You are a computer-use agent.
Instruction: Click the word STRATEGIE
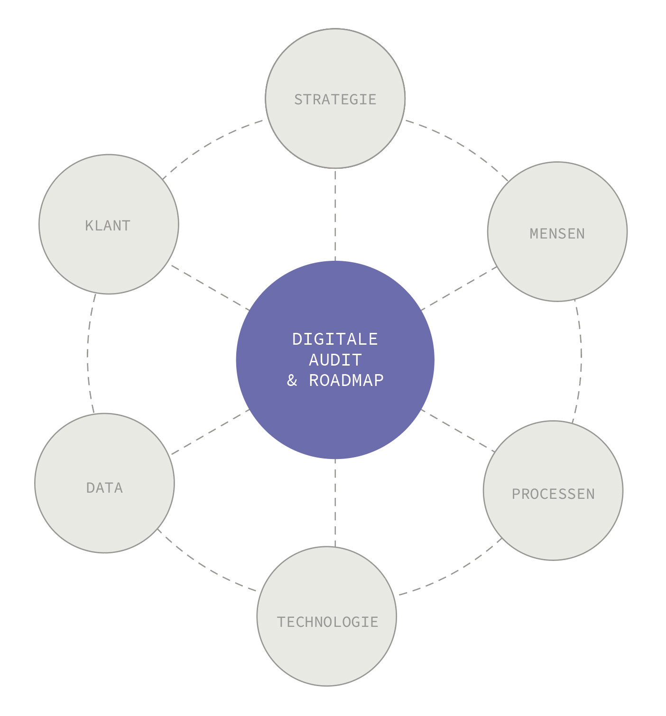tap(335, 100)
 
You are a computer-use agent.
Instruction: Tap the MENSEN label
tap(557, 234)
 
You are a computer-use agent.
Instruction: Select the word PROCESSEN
tap(553, 494)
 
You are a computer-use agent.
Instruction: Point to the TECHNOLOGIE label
tap(327, 622)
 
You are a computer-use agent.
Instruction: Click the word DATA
tap(104, 488)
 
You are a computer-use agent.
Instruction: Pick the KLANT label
tap(108, 226)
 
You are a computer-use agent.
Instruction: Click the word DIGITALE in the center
tap(335, 340)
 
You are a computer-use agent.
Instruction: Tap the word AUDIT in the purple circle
tap(335, 360)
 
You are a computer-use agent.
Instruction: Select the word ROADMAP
tap(346, 381)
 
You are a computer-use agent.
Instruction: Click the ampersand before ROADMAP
tap(292, 381)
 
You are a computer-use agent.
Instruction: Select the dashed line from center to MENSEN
tap(459, 288)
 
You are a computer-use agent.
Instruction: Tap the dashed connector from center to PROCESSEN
tap(458, 430)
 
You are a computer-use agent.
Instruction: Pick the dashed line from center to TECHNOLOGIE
tap(335, 503)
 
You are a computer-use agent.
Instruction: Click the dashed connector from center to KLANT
tap(210, 288)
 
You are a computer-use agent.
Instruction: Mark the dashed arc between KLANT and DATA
tap(88, 354)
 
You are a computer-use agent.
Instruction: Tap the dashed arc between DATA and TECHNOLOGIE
tap(204, 566)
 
